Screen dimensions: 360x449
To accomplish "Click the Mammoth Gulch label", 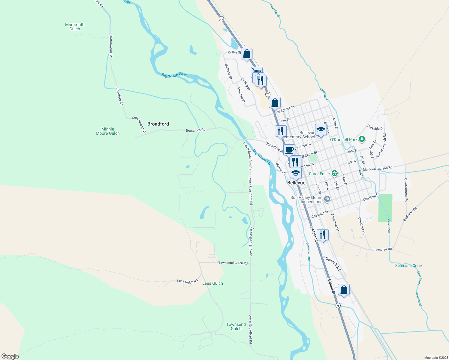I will coord(75,27).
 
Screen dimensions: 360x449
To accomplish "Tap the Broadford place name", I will coord(158,124).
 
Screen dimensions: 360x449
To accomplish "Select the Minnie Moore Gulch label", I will coord(107,131).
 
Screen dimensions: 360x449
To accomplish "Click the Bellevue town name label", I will coord(296,183).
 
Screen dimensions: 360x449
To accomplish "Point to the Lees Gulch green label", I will coord(212,283).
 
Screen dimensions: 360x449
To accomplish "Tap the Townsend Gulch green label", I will coord(236,326).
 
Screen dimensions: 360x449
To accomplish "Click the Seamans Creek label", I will coord(409,265).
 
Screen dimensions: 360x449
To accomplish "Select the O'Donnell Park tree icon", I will coord(362,139).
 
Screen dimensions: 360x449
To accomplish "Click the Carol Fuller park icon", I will coord(335,173).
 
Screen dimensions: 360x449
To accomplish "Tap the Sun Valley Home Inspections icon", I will coord(327,199).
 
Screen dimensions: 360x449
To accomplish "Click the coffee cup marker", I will coord(289,150).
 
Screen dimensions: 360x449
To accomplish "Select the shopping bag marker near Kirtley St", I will coord(246,54).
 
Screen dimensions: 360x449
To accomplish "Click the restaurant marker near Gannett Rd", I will coord(322,235).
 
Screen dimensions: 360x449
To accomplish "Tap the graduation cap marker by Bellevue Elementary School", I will coord(321,130).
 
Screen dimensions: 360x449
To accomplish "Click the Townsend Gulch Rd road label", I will coord(233,263).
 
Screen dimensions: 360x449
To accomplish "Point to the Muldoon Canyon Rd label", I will coord(377,169).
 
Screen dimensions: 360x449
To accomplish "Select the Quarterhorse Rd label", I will coord(406,190).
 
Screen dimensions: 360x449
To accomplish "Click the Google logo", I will coord(10,356).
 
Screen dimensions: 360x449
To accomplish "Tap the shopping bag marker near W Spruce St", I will coord(275,103).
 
